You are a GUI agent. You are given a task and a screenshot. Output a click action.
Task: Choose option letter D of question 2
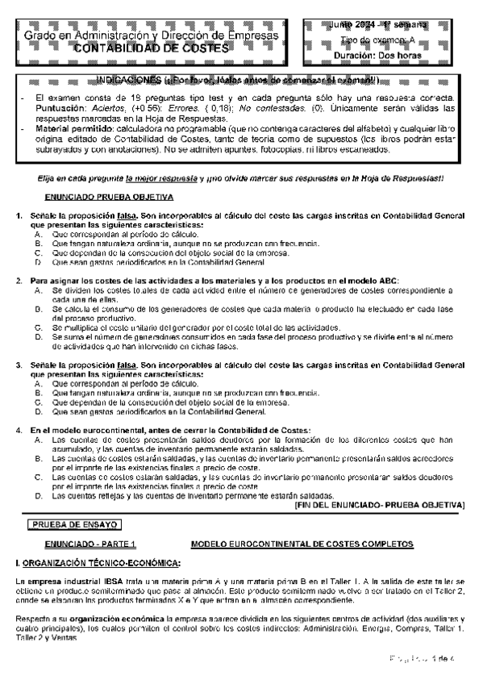pyautogui.click(x=39, y=339)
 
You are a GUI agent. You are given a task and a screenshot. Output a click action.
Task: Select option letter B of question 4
pyautogui.click(x=39, y=459)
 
